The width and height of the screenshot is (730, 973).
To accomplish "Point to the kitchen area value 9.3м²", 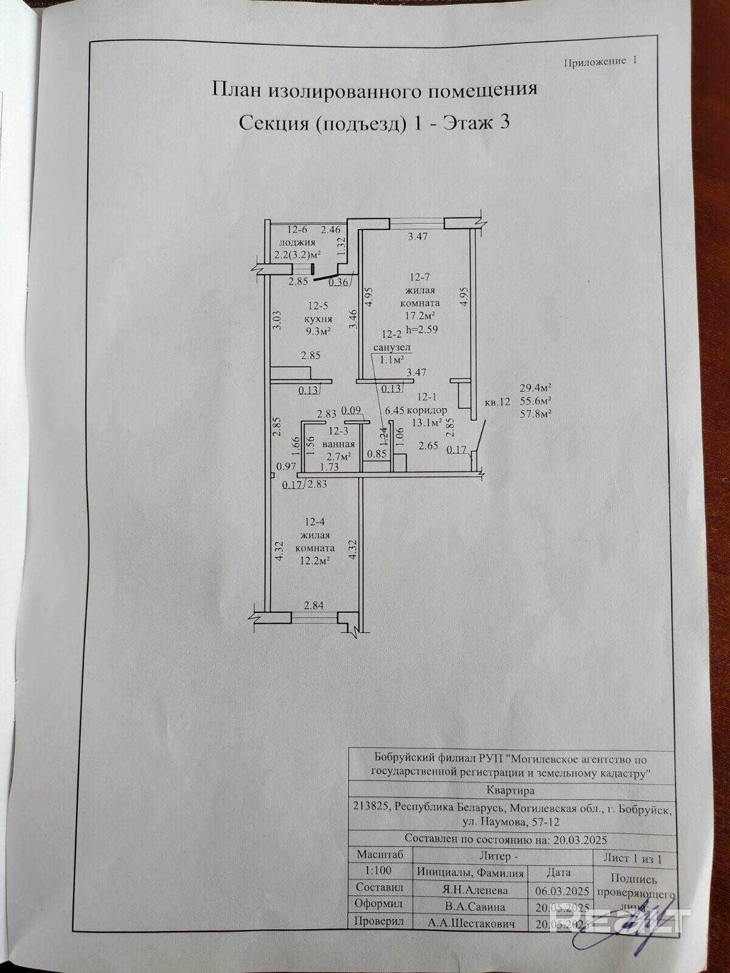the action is tap(319, 331).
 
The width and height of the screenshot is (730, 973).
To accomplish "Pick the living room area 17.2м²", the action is tap(420, 316).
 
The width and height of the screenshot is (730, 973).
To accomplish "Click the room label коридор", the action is tap(429, 410).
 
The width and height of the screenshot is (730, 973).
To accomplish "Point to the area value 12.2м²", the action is tap(314, 561).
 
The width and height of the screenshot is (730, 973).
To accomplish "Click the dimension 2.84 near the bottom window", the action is tap(314, 605).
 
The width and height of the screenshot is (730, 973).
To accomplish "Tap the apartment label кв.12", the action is tap(497, 402).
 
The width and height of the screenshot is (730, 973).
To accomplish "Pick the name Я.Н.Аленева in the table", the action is tap(474, 890).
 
